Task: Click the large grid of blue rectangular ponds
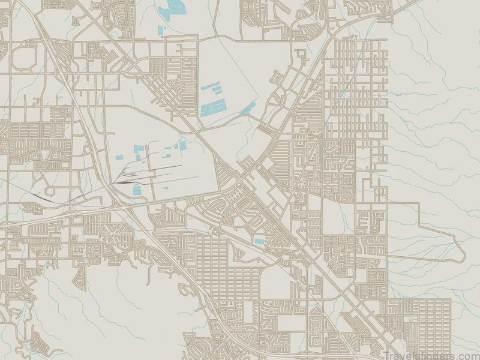pos(214,105)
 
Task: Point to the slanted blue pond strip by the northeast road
pos(248,108)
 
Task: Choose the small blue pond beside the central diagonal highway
pos(259,241)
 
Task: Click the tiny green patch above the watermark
pos(412,319)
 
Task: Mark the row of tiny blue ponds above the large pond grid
pos(210,88)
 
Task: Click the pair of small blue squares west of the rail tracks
pos(119,157)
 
